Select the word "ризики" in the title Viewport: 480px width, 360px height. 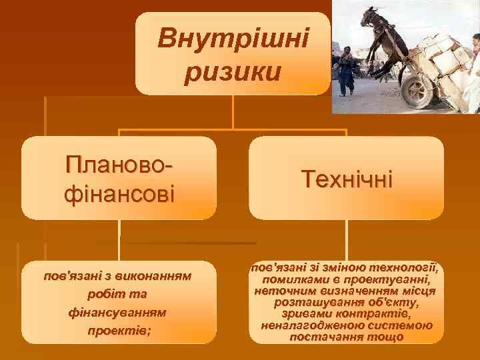233,71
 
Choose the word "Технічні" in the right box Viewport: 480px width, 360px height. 347,179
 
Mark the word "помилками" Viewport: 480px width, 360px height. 291,279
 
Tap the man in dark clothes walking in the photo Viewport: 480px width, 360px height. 345,71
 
